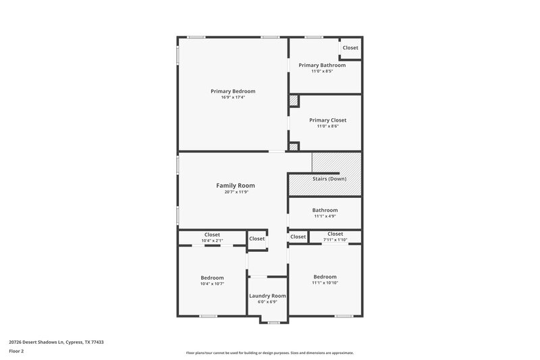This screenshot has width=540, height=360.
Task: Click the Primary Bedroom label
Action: (x=233, y=91)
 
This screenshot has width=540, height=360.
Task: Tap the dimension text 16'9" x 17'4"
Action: (x=233, y=97)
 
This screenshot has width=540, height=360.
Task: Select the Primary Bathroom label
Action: (x=322, y=66)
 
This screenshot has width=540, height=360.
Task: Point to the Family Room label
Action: (x=235, y=185)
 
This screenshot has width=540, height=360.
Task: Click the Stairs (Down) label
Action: (x=329, y=178)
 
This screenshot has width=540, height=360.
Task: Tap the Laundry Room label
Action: (x=267, y=296)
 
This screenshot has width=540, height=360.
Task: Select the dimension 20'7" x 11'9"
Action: (x=235, y=192)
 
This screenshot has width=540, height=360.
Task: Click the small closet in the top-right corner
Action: (x=350, y=48)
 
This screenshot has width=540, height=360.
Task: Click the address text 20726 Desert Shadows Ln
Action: (x=56, y=342)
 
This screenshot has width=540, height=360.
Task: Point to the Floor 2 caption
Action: (x=16, y=351)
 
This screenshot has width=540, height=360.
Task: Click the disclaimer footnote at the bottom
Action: (x=269, y=353)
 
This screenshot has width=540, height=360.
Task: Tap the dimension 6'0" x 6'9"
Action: (x=267, y=302)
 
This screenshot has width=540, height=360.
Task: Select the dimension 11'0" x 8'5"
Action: (x=322, y=72)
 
